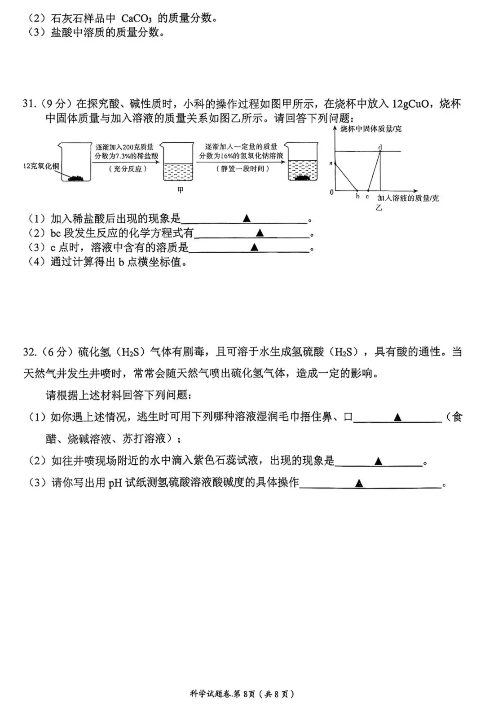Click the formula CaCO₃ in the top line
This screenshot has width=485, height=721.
point(136,18)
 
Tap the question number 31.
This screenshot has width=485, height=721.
point(29,104)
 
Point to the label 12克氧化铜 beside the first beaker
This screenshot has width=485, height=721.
point(41,166)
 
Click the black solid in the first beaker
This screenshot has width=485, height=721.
point(75,178)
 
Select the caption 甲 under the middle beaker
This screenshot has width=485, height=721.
point(180,190)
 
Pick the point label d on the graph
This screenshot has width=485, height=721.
point(380,148)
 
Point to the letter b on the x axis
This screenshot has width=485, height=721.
point(357,196)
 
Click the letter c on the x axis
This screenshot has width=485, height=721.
point(367,196)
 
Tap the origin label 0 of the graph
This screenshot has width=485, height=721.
point(332,192)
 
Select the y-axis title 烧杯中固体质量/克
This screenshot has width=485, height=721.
point(371,129)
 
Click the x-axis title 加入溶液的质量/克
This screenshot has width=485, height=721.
point(408,198)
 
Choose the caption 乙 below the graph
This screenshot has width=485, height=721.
point(379,207)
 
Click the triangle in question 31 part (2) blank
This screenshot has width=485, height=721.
point(260,233)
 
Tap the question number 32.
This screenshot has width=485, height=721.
point(30,352)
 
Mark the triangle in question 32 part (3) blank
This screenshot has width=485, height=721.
point(359,483)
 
